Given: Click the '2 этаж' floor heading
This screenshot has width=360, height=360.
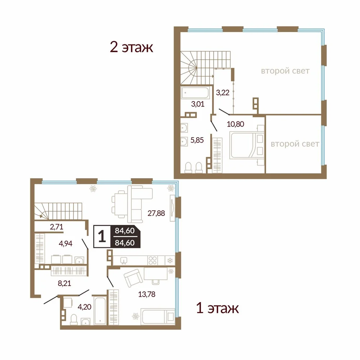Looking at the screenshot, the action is coord(131,47).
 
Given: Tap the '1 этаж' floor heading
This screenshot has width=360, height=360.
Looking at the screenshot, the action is coord(217,308).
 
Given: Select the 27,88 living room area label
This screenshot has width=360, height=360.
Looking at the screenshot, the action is coord(156,213).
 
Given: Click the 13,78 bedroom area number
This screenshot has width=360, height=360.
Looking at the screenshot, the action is coord(147,294).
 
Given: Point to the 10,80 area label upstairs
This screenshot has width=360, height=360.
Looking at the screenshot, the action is coord(235,124).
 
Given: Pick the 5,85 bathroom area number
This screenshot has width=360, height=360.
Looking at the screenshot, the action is coord(197,140).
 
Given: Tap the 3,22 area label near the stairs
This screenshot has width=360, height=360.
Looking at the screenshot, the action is coord(222,93).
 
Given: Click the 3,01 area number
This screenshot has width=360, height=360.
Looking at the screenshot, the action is coord(198,104).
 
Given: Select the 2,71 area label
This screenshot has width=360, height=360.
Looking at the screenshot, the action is coord(57,227).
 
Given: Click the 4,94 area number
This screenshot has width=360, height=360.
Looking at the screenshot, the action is coord(66,243).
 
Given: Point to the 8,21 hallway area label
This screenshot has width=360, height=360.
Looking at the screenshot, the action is coord(64,283).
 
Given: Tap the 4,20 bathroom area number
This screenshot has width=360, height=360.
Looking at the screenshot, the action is coord(85,307).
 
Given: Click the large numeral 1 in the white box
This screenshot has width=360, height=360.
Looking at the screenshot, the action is coord(102,237).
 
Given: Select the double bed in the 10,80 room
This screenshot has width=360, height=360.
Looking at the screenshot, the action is coord(247,145).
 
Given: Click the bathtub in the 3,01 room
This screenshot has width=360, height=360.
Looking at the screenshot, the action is coord(195,93).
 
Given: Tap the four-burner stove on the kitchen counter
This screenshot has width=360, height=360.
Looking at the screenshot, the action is coord(152,261).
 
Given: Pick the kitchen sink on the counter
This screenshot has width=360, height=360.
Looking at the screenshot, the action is coord(124,261).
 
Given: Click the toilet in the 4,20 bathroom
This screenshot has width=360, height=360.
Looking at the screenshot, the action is coord(74,320).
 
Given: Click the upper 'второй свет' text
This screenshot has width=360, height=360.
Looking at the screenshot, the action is coord(285,71).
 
